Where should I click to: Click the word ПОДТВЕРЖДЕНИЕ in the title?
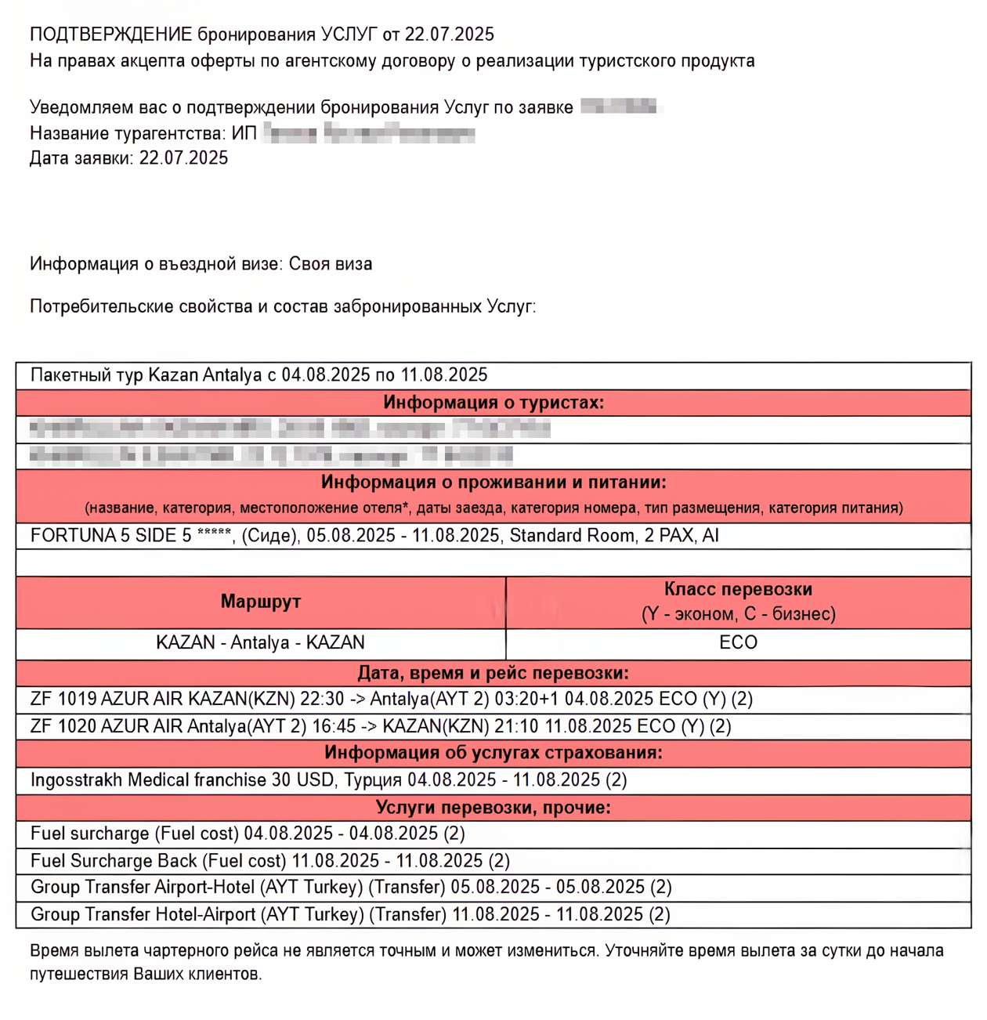pos(110,34)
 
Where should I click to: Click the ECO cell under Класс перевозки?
pos(738,643)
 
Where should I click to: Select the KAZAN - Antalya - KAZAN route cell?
pos(260,643)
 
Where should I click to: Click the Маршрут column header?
pos(260,602)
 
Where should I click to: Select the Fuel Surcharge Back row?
pos(269,861)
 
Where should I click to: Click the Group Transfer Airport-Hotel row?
pos(350,888)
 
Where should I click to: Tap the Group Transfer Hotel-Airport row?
pos(349,914)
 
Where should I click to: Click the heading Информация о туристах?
pos(493,403)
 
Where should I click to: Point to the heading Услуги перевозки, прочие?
pos(493,807)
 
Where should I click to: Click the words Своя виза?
pos(331,264)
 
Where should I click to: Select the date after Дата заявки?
pos(183,158)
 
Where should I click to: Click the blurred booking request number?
pos(620,107)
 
